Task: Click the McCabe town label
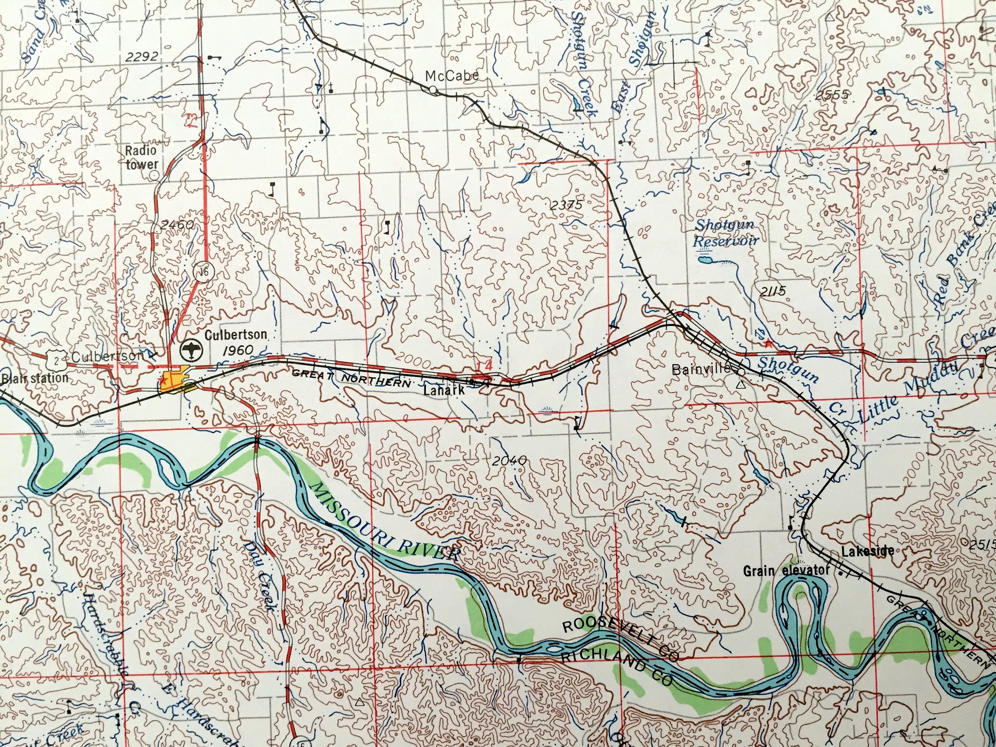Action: click(x=452, y=76)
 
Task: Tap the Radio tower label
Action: click(x=141, y=158)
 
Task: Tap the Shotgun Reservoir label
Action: click(x=725, y=233)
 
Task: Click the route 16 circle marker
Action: click(x=205, y=272)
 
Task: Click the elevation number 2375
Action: click(x=566, y=205)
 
